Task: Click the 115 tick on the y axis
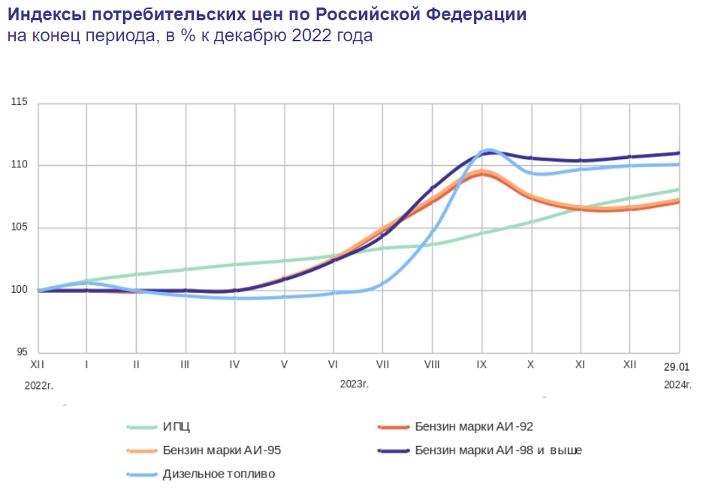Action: pyautogui.click(x=20, y=101)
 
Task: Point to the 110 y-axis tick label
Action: pyautogui.click(x=20, y=164)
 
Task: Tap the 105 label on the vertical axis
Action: pyautogui.click(x=20, y=227)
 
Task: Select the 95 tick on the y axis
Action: pyautogui.click(x=23, y=352)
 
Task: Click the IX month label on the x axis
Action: pyautogui.click(x=481, y=364)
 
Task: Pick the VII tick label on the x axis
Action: pyautogui.click(x=382, y=364)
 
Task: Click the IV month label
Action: pyautogui.click(x=234, y=364)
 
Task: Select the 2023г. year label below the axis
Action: pyautogui.click(x=355, y=384)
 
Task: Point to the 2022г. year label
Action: pyautogui.click(x=40, y=384)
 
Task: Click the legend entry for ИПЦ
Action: pyautogui.click(x=176, y=427)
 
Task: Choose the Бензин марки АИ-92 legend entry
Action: pyautogui.click(x=474, y=427)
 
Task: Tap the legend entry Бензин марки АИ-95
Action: pyautogui.click(x=222, y=450)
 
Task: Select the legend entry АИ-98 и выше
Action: pyautogui.click(x=498, y=450)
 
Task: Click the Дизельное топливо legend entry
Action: pyautogui.click(x=219, y=474)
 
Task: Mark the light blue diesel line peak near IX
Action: pyautogui.click(x=488, y=150)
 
